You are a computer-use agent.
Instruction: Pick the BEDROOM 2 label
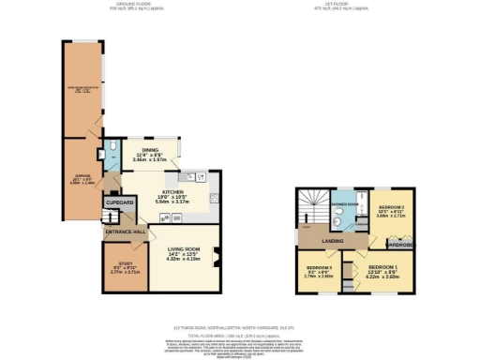[390, 205]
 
